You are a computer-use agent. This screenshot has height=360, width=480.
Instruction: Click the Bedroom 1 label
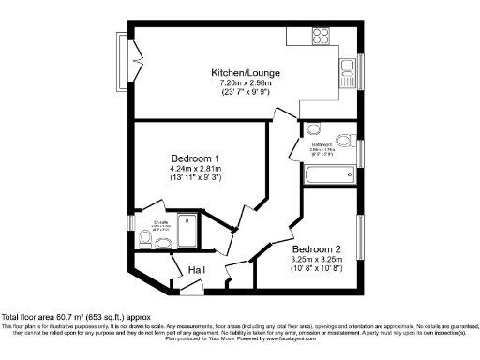[x=195, y=157]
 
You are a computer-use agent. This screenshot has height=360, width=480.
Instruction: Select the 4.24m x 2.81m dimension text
[x=195, y=168]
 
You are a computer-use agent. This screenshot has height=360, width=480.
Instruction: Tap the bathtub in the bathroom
[x=329, y=176]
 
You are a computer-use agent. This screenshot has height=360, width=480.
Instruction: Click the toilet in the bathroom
[x=313, y=129]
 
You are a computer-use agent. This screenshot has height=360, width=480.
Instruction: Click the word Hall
[x=197, y=270]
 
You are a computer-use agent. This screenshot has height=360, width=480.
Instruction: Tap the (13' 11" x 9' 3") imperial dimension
[x=195, y=178]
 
